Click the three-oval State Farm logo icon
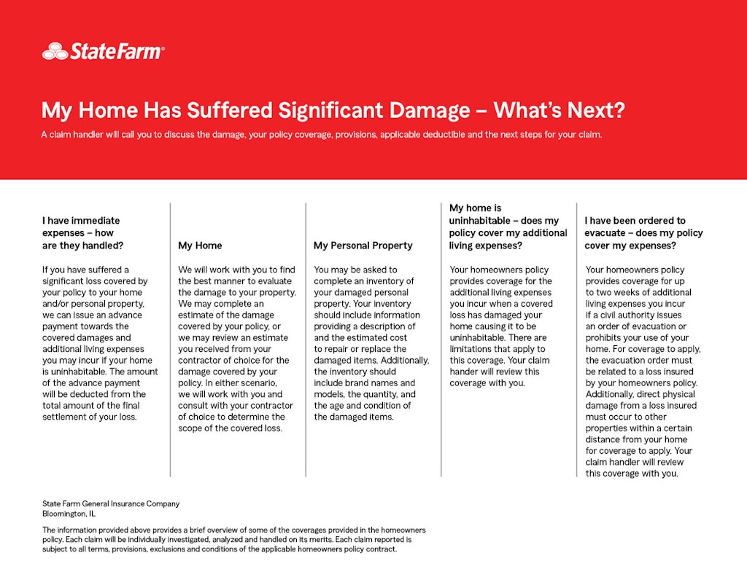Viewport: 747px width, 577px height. point(55,51)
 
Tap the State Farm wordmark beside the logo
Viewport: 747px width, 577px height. point(117,51)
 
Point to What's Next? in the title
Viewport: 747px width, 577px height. point(560,111)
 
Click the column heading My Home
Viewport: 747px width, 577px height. point(200,246)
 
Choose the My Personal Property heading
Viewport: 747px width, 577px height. point(363,246)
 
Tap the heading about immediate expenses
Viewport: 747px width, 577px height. point(82,233)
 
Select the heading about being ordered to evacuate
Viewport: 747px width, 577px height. point(643,233)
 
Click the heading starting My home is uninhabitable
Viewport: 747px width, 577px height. point(508,227)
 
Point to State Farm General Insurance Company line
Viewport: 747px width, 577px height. point(111,503)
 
